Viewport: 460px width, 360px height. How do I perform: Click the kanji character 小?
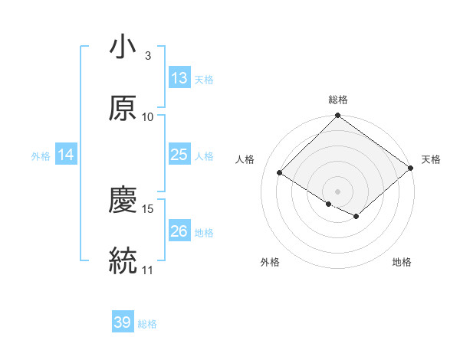(x=123, y=48)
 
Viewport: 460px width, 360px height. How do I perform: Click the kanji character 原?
(x=123, y=108)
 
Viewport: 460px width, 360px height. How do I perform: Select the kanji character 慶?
(x=123, y=200)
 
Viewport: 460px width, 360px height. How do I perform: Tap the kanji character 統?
(x=123, y=260)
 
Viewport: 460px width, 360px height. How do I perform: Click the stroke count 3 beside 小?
(x=148, y=56)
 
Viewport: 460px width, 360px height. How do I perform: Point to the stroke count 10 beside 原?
(x=148, y=116)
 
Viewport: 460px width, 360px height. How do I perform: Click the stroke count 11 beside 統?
(x=148, y=269)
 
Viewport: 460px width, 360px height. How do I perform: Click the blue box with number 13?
(x=179, y=78)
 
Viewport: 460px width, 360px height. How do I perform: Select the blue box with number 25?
(x=179, y=155)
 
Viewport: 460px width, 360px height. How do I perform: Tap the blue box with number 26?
(x=179, y=231)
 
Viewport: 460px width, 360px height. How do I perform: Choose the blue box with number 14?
(x=66, y=155)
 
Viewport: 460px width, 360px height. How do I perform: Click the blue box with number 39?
(x=123, y=322)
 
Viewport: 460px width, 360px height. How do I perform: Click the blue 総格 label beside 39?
(x=147, y=324)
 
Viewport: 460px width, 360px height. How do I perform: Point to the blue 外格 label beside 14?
(x=41, y=156)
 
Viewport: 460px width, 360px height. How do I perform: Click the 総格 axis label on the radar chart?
(x=338, y=100)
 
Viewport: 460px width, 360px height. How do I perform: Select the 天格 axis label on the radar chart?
(x=431, y=159)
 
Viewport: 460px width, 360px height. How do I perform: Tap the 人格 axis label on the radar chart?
(x=245, y=159)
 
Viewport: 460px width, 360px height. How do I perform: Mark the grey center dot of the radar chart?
(x=337, y=191)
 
